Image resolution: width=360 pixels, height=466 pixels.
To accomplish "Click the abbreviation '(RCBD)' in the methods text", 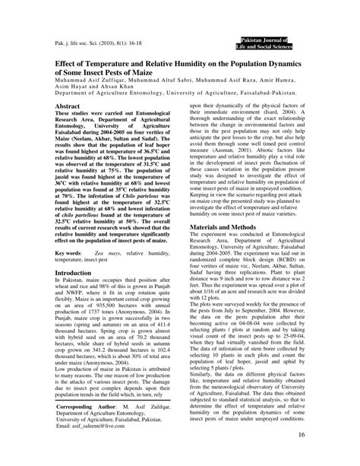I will click(298, 280).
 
